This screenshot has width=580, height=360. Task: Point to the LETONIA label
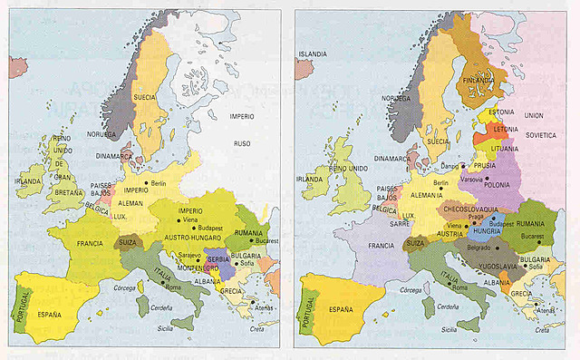coord(506,130)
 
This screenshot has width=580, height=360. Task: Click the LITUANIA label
coord(504,148)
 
